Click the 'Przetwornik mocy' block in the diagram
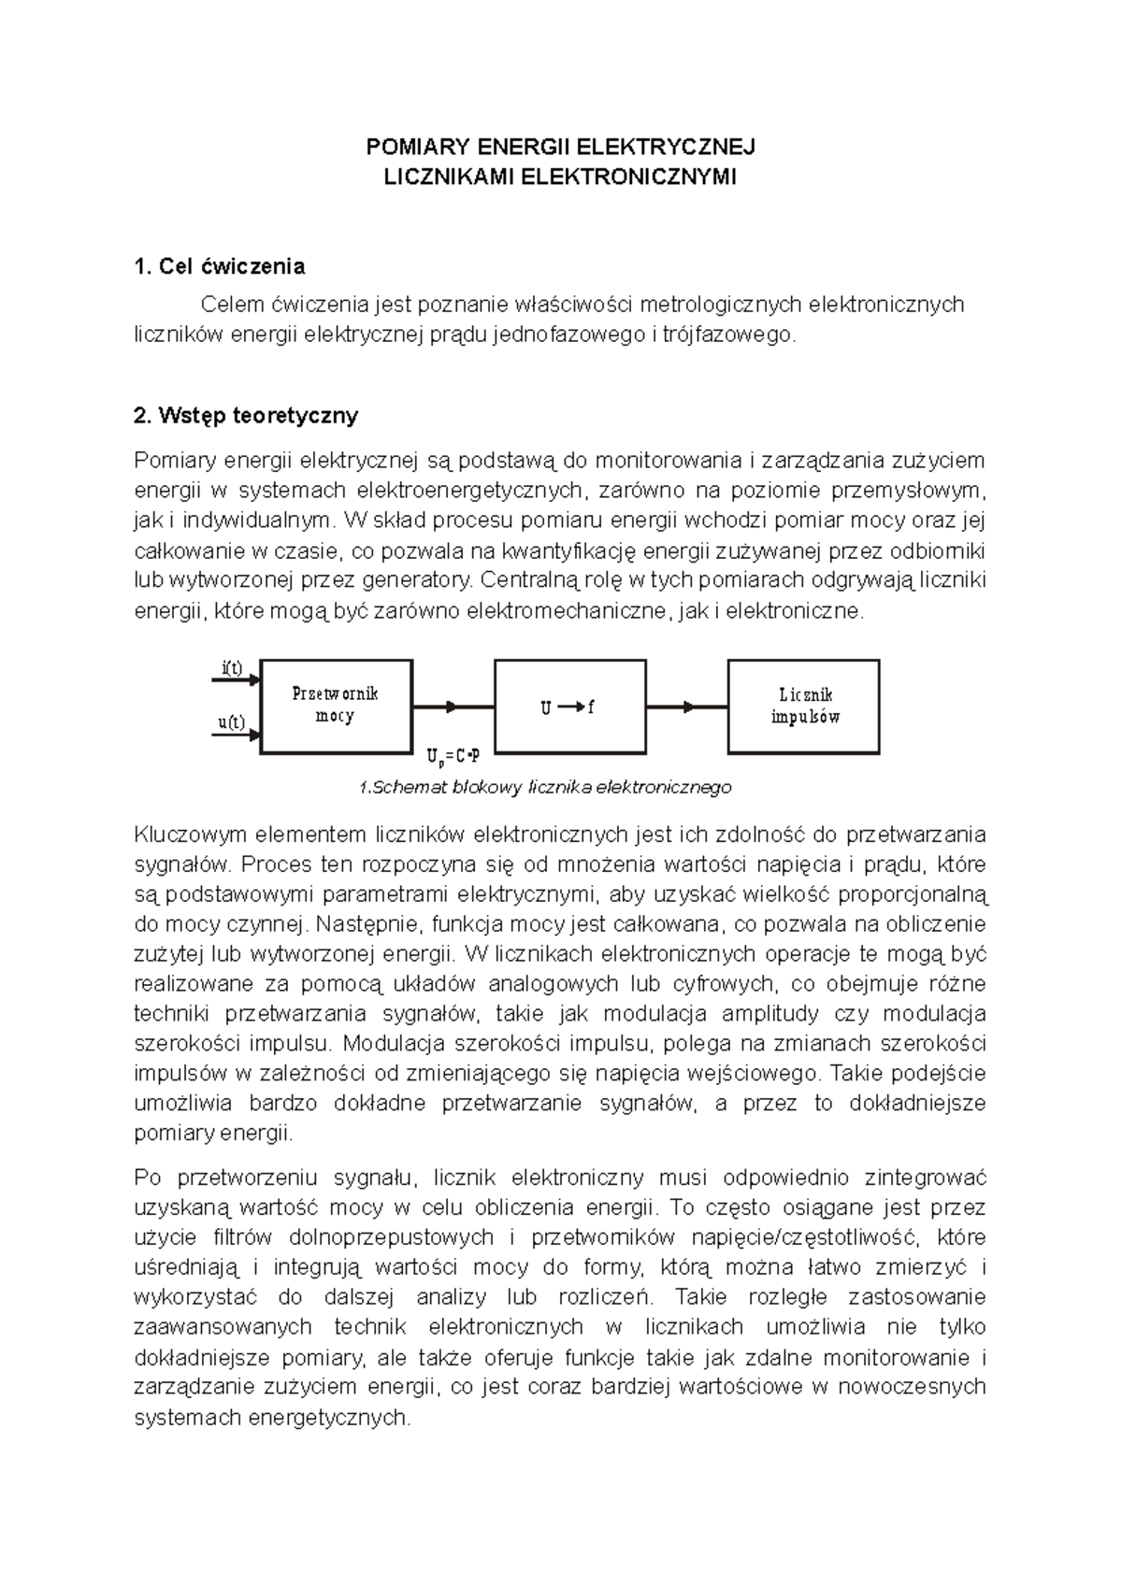[336, 706]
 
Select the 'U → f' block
[568, 707]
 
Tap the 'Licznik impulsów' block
[804, 706]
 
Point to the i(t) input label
[231, 668]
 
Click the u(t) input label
[231, 722]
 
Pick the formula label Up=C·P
[453, 755]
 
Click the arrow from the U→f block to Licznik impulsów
[687, 707]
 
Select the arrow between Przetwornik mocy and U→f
[453, 707]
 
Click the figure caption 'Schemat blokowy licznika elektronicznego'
[545, 788]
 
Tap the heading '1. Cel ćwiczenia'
[220, 266]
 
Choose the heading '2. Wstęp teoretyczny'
[246, 415]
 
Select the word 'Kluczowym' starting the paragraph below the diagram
[190, 834]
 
